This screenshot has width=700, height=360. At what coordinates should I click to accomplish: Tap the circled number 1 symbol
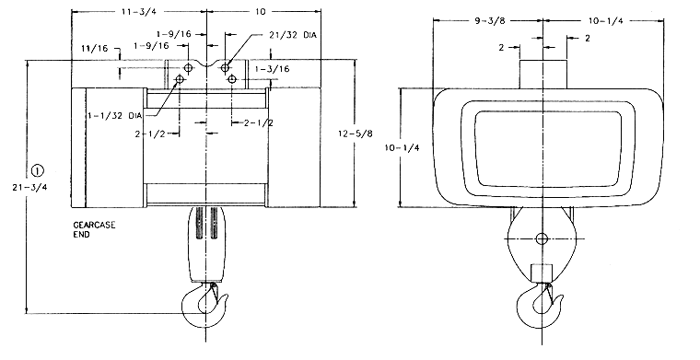point(38,170)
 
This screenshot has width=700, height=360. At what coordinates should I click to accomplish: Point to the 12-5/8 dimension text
point(356,134)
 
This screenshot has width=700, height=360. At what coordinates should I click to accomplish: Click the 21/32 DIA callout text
point(293,35)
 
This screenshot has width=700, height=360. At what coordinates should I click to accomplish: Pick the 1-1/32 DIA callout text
point(115,115)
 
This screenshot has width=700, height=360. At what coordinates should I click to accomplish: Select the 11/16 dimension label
point(95,48)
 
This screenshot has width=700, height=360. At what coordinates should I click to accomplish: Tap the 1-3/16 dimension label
point(272,69)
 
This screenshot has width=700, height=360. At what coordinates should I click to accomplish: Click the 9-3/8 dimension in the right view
point(490,20)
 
